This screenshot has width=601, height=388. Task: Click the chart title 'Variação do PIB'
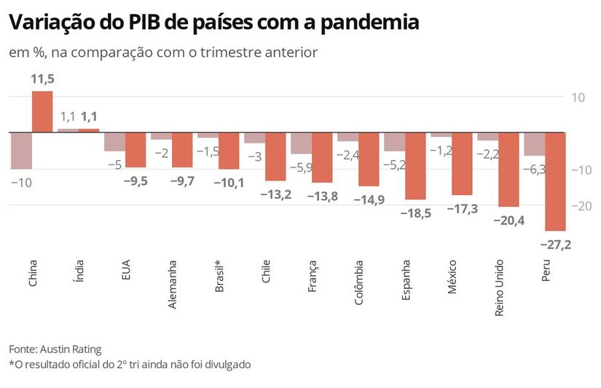(213, 23)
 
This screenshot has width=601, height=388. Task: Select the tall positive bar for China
(42, 111)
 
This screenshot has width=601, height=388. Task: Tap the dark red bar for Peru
(555, 181)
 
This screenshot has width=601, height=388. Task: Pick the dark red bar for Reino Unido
(508, 170)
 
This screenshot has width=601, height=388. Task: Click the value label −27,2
(556, 245)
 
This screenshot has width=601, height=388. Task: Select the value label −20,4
(508, 221)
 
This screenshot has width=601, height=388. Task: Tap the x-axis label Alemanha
(173, 284)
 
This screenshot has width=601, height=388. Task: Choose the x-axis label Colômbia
(359, 283)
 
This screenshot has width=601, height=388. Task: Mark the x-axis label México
(452, 276)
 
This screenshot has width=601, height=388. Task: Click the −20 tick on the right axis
(581, 206)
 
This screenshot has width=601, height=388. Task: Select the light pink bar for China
(21, 151)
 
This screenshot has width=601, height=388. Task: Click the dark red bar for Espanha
(415, 166)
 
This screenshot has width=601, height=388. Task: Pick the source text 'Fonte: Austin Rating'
(55, 349)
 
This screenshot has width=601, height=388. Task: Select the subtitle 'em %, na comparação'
(162, 52)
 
